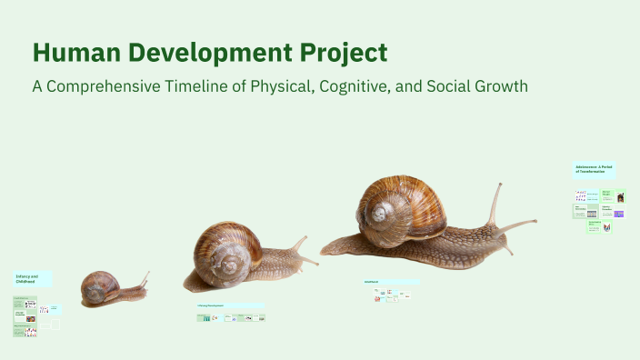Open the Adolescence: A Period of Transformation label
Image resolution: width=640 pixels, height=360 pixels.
(593, 170)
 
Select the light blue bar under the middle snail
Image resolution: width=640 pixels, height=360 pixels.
(231, 305)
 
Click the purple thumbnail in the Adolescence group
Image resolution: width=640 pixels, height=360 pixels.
(619, 214)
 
